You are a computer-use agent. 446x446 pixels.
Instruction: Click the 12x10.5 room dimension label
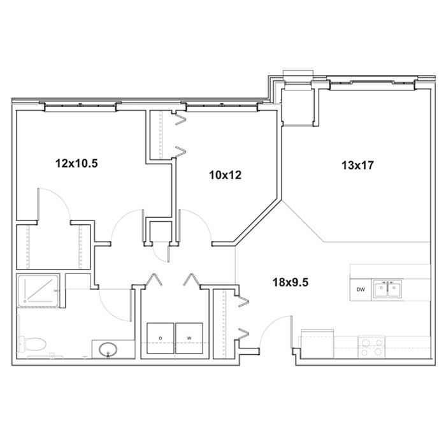(x=76, y=164)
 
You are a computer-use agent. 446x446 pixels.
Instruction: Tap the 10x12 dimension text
(x=226, y=175)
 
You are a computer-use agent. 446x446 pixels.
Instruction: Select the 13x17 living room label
(x=357, y=165)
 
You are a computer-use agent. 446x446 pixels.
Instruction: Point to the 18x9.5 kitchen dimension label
(x=291, y=282)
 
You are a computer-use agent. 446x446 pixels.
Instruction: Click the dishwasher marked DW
(x=361, y=289)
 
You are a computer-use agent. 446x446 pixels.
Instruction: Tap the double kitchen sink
(x=387, y=289)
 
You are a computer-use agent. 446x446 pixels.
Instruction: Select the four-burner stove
(x=371, y=347)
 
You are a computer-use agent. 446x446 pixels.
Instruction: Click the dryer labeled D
(x=161, y=338)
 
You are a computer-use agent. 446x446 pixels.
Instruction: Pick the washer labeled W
(x=189, y=338)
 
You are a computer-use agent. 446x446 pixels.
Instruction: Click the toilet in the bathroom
(x=32, y=344)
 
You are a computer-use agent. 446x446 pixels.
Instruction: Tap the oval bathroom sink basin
(x=108, y=349)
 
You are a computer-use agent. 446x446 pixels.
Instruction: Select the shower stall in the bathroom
(x=38, y=291)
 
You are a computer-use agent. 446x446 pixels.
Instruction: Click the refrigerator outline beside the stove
(x=317, y=343)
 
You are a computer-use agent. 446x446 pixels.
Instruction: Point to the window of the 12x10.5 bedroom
(x=80, y=106)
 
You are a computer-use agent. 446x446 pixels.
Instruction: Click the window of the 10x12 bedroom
(x=222, y=106)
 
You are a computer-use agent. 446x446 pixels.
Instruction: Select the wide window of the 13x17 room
(x=373, y=83)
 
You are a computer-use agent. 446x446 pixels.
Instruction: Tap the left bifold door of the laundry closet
(x=154, y=279)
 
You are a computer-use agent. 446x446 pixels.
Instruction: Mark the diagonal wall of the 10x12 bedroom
(x=256, y=220)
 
